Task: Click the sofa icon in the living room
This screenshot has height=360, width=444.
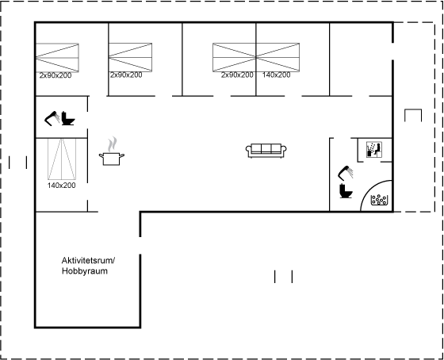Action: [x=266, y=151]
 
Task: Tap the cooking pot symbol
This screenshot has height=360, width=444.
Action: [x=112, y=159]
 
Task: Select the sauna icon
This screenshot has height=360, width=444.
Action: [x=374, y=150]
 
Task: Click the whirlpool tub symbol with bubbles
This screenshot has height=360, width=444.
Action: [x=380, y=200]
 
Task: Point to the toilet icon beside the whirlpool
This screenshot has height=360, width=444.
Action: [x=346, y=190]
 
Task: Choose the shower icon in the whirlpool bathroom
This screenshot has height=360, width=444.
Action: [x=346, y=173]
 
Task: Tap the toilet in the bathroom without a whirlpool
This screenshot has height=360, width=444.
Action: [x=68, y=118]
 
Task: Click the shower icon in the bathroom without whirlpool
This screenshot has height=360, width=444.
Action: [x=52, y=118]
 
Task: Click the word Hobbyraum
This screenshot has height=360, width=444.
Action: [x=85, y=271]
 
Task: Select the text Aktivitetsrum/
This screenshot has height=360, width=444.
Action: [x=88, y=260]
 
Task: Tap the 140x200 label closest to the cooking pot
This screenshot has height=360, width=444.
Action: [x=62, y=186]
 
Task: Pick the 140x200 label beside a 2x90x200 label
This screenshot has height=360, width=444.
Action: [x=276, y=75]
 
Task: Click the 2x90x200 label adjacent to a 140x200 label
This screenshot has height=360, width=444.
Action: [x=237, y=75]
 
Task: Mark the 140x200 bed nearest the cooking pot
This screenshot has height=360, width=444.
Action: [x=62, y=159]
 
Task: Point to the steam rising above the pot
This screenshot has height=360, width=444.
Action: [x=113, y=144]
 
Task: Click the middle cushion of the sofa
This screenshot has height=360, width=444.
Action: [x=266, y=148]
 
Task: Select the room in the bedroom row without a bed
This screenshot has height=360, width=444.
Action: [x=361, y=59]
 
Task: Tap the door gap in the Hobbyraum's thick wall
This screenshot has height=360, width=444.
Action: [x=140, y=246]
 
